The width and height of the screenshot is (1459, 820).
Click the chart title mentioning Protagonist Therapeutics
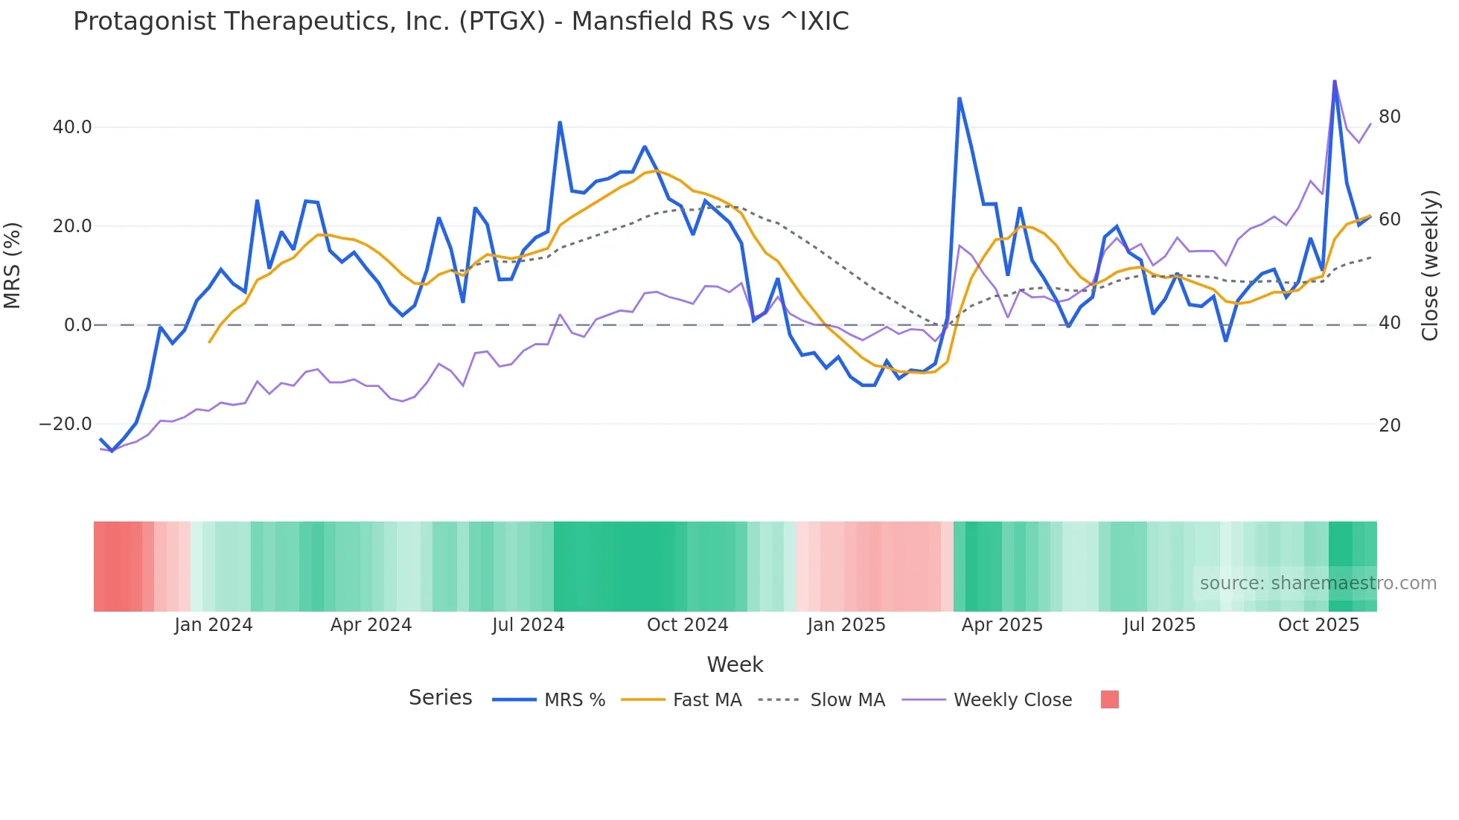click(x=461, y=22)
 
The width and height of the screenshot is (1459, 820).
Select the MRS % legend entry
click(x=574, y=700)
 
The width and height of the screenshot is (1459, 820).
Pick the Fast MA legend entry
click(x=706, y=700)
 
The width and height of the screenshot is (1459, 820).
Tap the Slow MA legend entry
click(x=847, y=700)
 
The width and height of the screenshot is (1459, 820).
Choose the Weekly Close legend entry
click(x=1012, y=700)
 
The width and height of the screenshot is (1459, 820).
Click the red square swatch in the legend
click(x=1109, y=699)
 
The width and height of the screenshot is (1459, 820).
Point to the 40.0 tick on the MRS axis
click(x=72, y=127)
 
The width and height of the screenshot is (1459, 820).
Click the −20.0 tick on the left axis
click(x=66, y=424)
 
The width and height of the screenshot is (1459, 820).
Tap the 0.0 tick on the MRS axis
click(x=78, y=325)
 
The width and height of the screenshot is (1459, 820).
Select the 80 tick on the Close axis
click(x=1389, y=117)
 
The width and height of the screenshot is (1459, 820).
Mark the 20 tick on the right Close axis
click(x=1389, y=426)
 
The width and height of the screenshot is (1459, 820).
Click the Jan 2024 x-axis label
click(x=214, y=625)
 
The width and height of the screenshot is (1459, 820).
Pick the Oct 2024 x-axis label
click(x=687, y=625)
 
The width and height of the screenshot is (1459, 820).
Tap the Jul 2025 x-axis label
click(x=1159, y=625)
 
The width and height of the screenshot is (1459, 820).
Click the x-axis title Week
click(x=735, y=664)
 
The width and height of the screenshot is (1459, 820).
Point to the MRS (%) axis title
click(x=13, y=265)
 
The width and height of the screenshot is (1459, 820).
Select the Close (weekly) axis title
click(x=1429, y=266)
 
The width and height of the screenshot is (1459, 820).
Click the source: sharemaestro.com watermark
click(x=1318, y=583)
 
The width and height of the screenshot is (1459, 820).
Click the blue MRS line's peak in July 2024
click(x=560, y=122)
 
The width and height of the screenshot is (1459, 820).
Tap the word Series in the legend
click(x=440, y=698)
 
